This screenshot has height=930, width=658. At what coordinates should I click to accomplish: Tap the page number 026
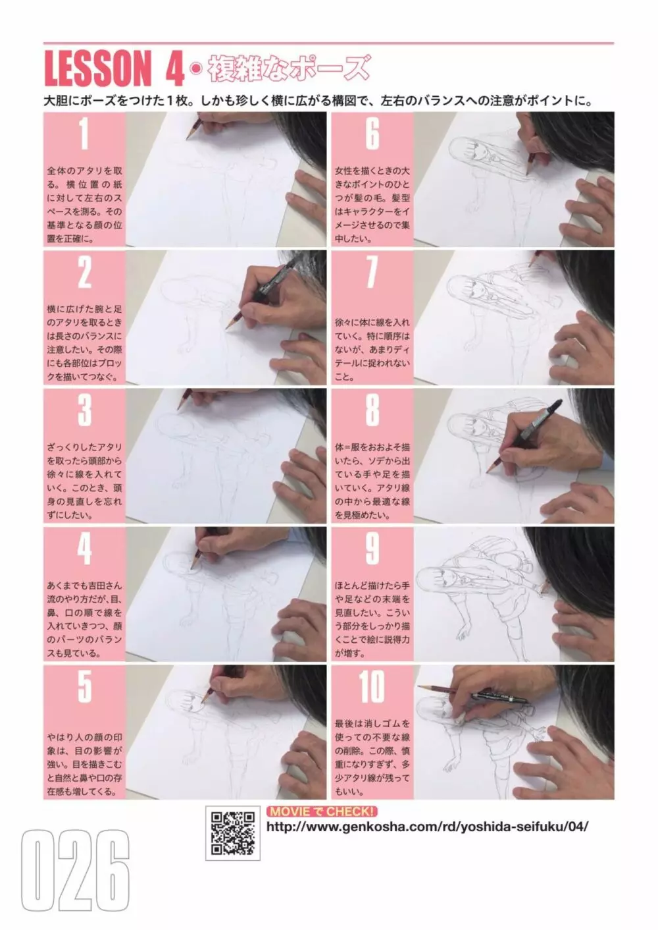76,875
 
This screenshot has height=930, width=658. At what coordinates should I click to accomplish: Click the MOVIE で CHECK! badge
322,811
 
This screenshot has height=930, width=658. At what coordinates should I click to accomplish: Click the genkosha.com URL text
427,827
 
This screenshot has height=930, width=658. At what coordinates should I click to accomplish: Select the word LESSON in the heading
97,68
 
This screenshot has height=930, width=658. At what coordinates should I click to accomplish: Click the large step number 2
84,273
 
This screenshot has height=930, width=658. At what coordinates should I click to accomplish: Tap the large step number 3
84,410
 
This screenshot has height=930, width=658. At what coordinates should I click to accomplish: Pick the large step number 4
84,549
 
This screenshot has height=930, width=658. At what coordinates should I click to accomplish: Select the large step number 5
84,687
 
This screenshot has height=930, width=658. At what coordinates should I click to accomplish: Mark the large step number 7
372,273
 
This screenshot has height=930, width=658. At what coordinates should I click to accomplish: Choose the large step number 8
372,410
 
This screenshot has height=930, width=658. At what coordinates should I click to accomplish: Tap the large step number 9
372,549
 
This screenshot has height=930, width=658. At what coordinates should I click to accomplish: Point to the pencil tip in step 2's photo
227,329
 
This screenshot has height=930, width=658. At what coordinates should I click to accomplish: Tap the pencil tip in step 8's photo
488,472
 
